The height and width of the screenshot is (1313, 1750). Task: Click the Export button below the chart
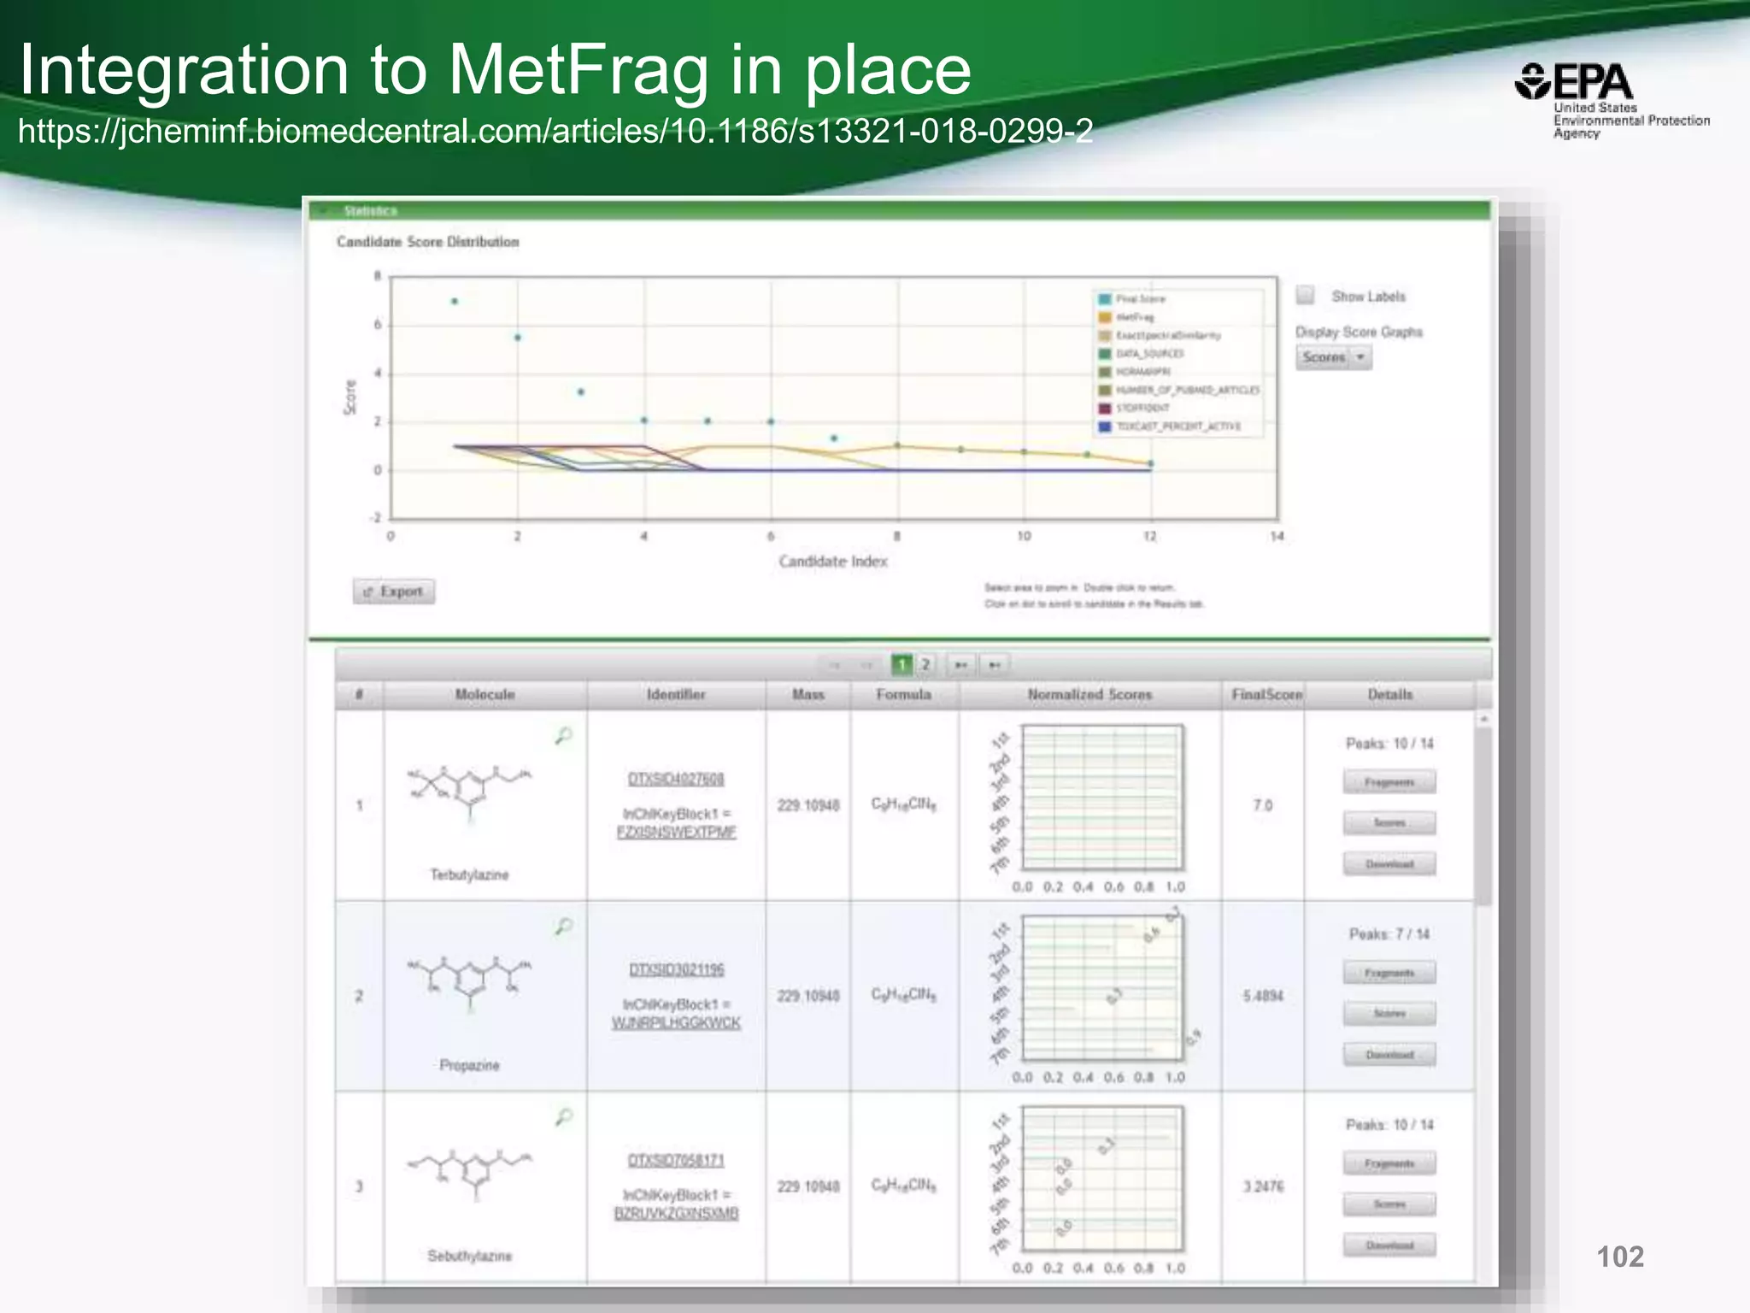coord(394,592)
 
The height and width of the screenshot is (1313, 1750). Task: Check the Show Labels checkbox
coord(1305,296)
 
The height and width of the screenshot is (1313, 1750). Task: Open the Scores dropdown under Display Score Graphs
coord(1333,357)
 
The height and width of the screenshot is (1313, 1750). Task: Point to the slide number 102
coord(1619,1257)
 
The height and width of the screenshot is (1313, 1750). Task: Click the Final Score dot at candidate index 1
coord(455,301)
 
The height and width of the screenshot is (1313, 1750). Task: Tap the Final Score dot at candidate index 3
coord(581,392)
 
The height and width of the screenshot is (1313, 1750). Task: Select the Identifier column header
coord(676,695)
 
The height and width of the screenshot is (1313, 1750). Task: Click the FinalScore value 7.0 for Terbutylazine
coord(1262,805)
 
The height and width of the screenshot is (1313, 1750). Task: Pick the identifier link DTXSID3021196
coord(676,969)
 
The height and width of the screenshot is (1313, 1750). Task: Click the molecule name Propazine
coord(469,1065)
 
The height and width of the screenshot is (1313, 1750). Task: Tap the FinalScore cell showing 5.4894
coord(1262,996)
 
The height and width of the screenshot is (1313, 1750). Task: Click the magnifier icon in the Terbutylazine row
coord(563,735)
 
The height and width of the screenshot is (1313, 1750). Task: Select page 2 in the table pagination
coord(925,664)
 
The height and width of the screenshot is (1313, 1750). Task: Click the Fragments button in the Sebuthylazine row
coord(1389,1163)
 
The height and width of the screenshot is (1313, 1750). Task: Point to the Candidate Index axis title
coord(833,562)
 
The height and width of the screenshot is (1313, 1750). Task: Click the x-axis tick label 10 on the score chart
coord(1024,537)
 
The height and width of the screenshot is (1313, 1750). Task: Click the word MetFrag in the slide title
coord(578,70)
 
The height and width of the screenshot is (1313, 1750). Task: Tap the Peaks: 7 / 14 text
coord(1389,934)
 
